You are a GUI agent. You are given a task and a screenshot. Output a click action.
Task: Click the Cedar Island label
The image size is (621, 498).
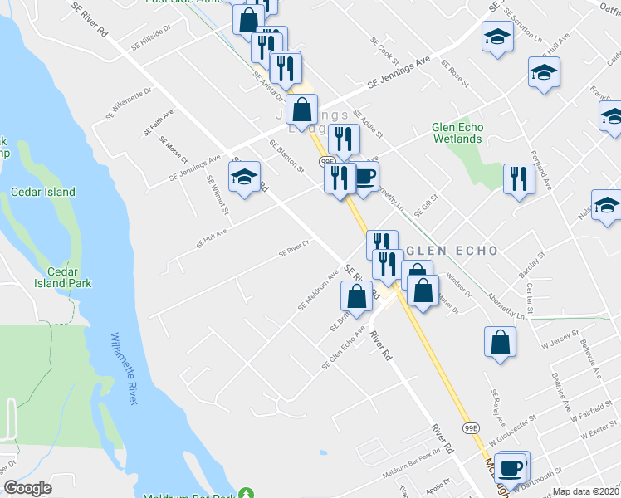click(42, 192)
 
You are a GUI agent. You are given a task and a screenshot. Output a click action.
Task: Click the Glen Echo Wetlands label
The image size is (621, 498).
click(457, 133)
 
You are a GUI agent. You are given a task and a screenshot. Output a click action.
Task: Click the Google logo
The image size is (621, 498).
click(27, 488)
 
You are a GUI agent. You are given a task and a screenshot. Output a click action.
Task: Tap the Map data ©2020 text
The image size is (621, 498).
click(585, 491)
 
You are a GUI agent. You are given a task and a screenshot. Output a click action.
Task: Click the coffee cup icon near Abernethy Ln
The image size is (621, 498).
click(364, 176)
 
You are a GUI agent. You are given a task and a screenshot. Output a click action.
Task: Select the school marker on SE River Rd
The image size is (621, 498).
click(244, 177)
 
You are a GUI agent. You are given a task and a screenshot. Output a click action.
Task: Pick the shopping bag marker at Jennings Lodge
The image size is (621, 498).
click(302, 109)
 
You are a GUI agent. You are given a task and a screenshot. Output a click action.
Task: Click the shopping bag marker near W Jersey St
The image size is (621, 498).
click(500, 341)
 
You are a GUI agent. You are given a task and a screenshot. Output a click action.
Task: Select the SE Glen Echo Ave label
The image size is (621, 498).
click(344, 353)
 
